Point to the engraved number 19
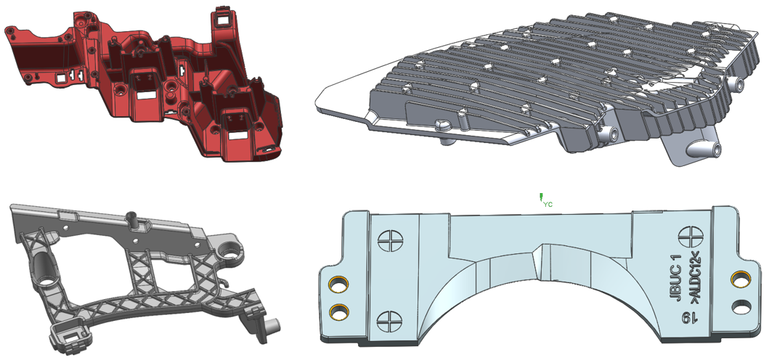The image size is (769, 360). tap(691, 319)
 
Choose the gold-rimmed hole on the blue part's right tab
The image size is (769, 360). tap(740, 279)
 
